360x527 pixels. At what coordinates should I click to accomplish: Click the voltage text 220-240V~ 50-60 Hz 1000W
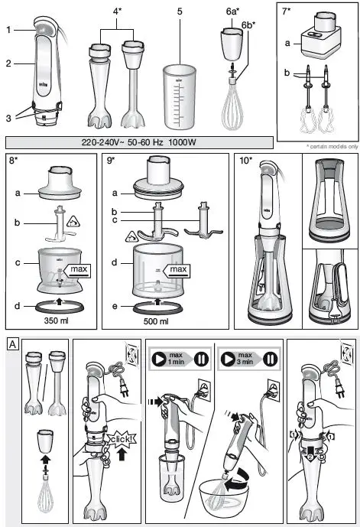pyautogui.click(x=139, y=142)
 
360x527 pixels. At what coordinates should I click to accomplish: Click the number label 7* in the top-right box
pyautogui.click(x=287, y=13)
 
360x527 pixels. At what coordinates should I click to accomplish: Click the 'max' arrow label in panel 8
pyautogui.click(x=79, y=268)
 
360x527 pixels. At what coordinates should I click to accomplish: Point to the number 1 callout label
pyautogui.click(x=8, y=30)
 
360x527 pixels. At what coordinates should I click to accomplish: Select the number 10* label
pyautogui.click(x=247, y=163)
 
